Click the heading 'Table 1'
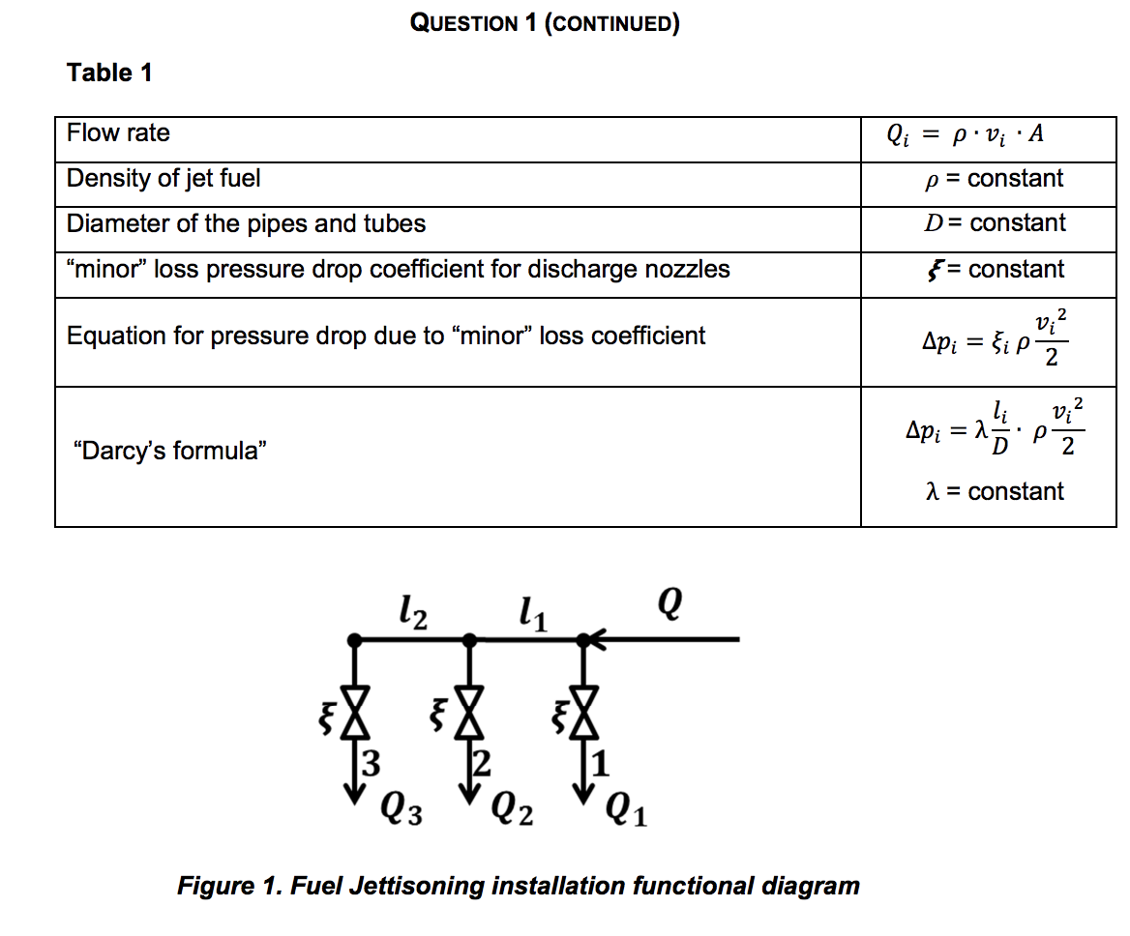(x=109, y=73)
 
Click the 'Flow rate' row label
(x=118, y=133)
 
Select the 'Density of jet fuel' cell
(x=163, y=179)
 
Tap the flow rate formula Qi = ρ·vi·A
(x=965, y=134)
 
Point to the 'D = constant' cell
(x=995, y=223)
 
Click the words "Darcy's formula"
(x=169, y=450)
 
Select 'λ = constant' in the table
(x=995, y=491)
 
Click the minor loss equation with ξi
(x=994, y=337)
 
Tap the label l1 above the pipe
(x=531, y=611)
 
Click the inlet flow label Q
(x=671, y=605)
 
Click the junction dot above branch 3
(x=356, y=639)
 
